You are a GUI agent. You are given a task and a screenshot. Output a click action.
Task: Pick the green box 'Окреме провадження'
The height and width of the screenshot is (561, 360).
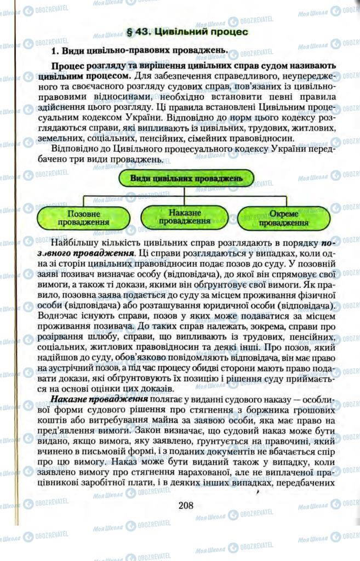pyautogui.click(x=283, y=218)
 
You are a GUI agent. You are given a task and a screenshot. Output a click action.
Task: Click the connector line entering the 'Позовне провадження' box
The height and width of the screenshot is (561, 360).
pyautogui.click(x=83, y=201)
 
